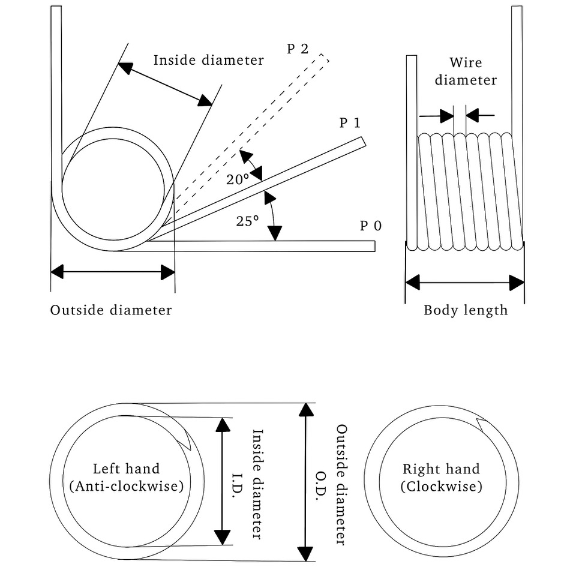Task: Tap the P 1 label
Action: pyautogui.click(x=350, y=123)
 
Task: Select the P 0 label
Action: pyautogui.click(x=370, y=226)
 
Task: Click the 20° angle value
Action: pyautogui.click(x=238, y=179)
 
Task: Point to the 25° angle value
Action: pyautogui.click(x=247, y=221)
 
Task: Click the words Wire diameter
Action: pyautogui.click(x=466, y=71)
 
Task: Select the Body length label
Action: pyautogui.click(x=466, y=310)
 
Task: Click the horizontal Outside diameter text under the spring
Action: pyautogui.click(x=111, y=310)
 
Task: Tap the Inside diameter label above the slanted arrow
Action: pyautogui.click(x=208, y=60)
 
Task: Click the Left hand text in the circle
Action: pyautogui.click(x=126, y=469)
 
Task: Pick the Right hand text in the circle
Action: pyautogui.click(x=441, y=469)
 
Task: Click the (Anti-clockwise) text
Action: pyautogui.click(x=126, y=486)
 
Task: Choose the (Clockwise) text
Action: pyautogui.click(x=441, y=487)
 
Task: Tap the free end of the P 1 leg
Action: pyautogui.click(x=362, y=141)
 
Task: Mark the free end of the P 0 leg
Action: pyautogui.click(x=373, y=246)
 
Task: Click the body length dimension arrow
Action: pyautogui.click(x=465, y=282)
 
